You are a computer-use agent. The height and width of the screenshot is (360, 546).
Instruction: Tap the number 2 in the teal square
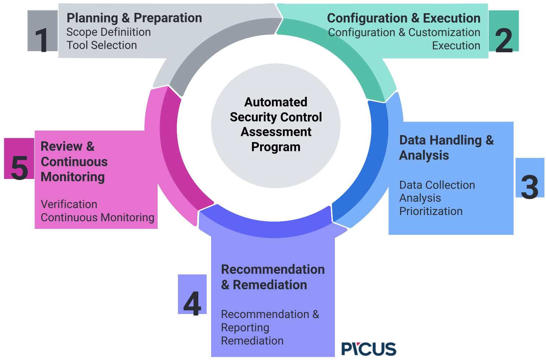504,31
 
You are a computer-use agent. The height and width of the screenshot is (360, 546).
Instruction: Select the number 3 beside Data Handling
530,177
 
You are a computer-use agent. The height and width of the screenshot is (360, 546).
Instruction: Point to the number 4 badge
192,294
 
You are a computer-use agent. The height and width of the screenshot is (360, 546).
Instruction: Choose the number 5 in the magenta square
19,159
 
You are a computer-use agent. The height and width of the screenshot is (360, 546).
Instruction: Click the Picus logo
368,349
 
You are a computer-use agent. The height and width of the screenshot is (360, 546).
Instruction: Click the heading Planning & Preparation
134,18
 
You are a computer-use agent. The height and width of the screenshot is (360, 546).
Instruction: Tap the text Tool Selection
102,45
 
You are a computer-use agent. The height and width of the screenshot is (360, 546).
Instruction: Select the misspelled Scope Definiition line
108,32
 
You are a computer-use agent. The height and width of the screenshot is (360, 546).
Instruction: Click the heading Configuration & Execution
404,18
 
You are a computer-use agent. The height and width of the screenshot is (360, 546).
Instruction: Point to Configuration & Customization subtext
404,32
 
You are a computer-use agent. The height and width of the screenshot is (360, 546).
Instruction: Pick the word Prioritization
431,211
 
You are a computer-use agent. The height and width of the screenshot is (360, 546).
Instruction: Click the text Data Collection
437,185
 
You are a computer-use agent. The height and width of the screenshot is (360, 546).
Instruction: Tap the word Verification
69,204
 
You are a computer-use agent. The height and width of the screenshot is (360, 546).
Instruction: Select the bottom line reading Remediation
252,341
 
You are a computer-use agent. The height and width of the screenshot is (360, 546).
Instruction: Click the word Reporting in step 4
245,328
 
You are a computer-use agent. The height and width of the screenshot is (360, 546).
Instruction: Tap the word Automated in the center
276,102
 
